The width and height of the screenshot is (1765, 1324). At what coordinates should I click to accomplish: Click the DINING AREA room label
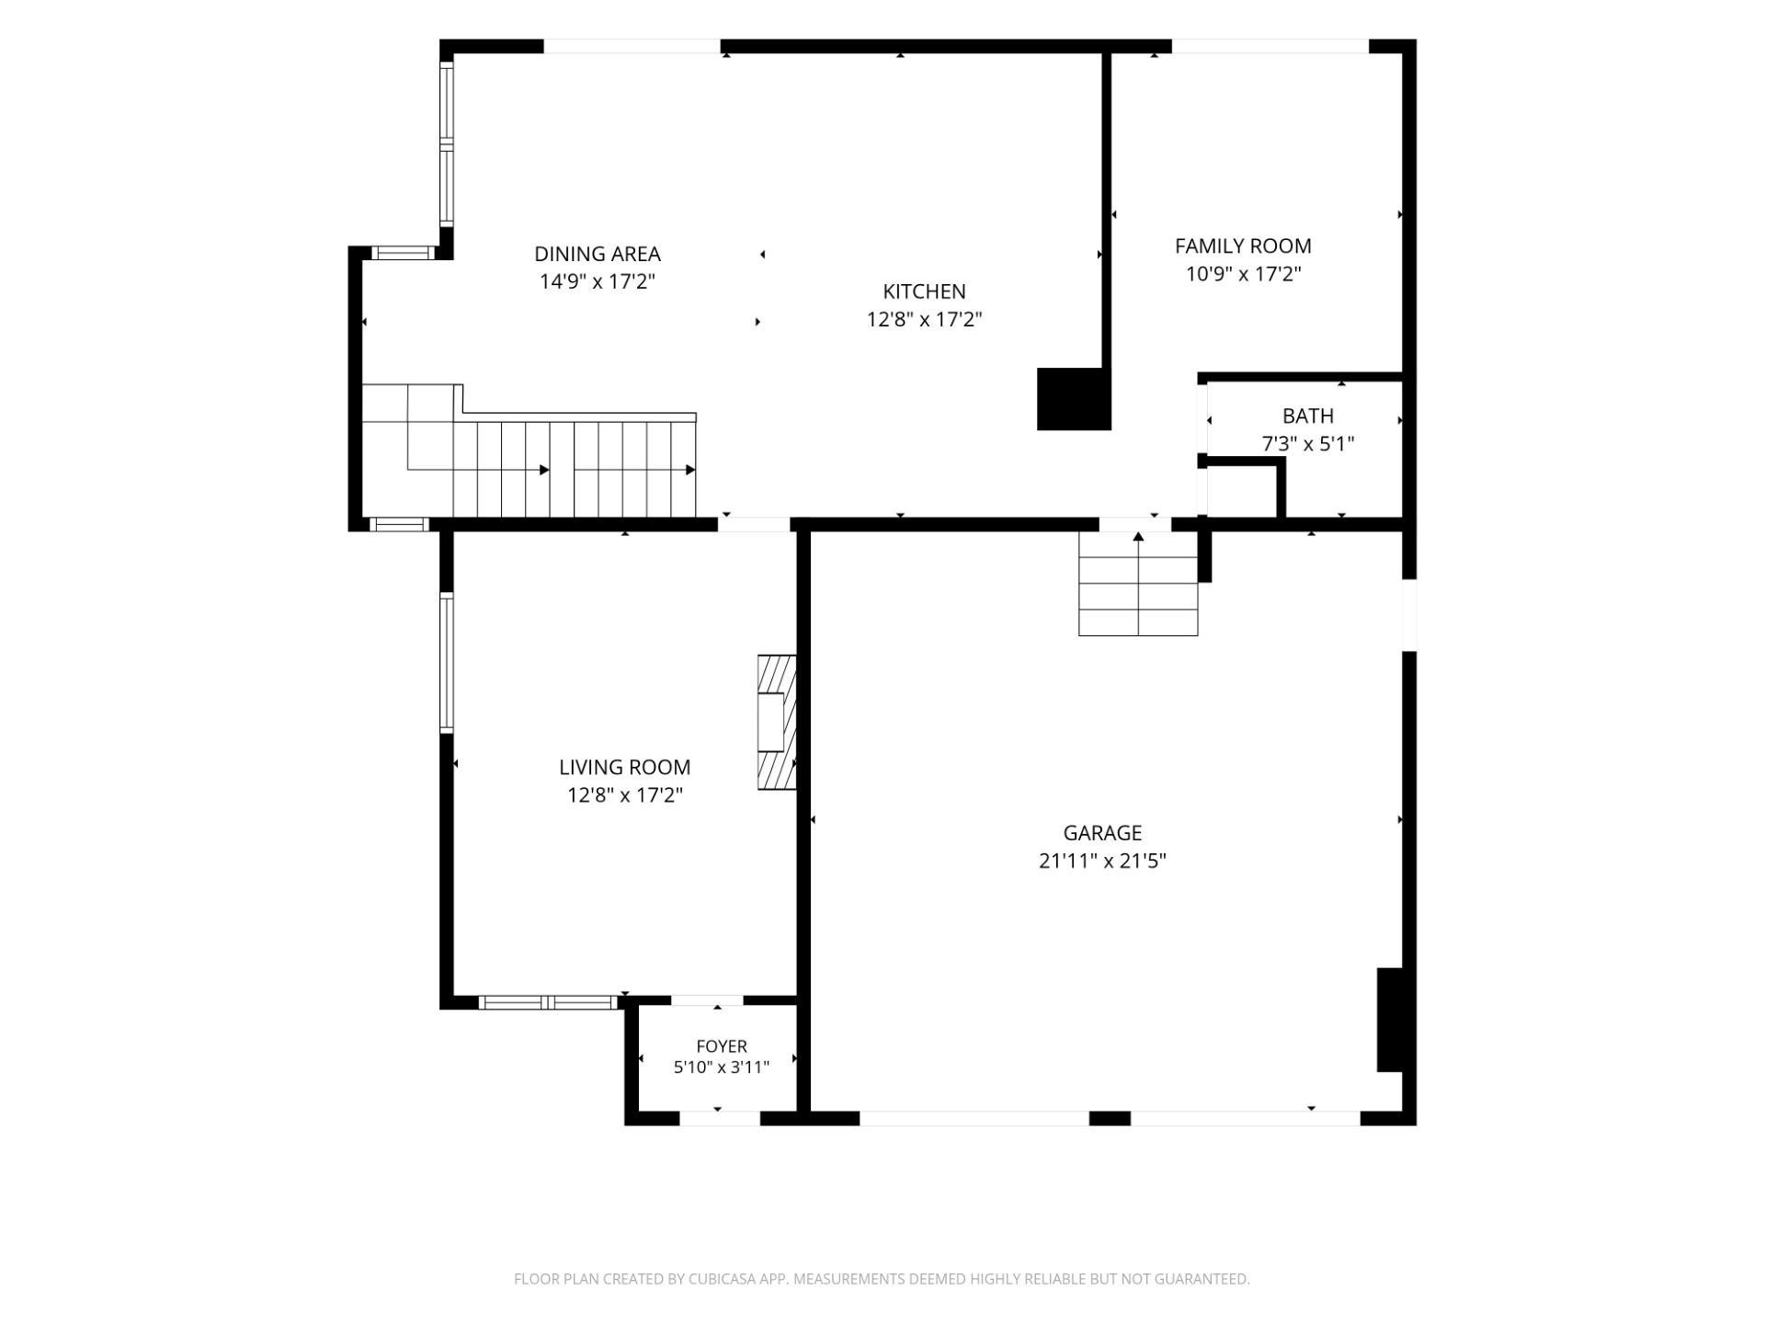coord(598,254)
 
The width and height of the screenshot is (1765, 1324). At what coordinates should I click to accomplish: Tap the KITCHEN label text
coord(924,291)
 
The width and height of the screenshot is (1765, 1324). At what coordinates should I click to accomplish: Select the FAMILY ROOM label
coord(1243,245)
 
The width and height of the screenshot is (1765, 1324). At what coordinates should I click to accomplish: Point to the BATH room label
coord(1307,416)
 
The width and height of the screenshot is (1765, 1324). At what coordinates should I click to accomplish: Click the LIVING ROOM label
coord(624,767)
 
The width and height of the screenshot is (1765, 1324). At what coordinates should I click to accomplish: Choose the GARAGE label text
coord(1102,833)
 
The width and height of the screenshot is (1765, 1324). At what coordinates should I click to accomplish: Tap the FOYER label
coord(722,1046)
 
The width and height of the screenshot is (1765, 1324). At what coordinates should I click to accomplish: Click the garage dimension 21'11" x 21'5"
coord(1102,862)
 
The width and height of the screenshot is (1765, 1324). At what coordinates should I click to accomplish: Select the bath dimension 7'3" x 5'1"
coord(1307,444)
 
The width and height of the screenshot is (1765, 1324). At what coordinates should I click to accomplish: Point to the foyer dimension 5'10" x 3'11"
coord(722,1067)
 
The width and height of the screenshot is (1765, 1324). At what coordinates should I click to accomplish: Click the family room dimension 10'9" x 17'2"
coord(1243,274)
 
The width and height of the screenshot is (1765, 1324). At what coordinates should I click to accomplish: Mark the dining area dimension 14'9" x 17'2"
coord(598,281)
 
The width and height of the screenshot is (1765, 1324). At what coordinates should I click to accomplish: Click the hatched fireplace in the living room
coord(777,722)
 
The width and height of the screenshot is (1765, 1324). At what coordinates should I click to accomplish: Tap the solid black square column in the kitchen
coord(1074,399)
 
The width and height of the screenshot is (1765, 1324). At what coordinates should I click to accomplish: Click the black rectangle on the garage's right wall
coord(1390,1020)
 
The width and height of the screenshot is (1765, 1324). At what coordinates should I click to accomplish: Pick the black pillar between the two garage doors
coord(1110,1118)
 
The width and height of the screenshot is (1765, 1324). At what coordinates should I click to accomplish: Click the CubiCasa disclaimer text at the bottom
coord(882,1279)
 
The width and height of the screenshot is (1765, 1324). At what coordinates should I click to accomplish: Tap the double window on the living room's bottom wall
coord(549,1002)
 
